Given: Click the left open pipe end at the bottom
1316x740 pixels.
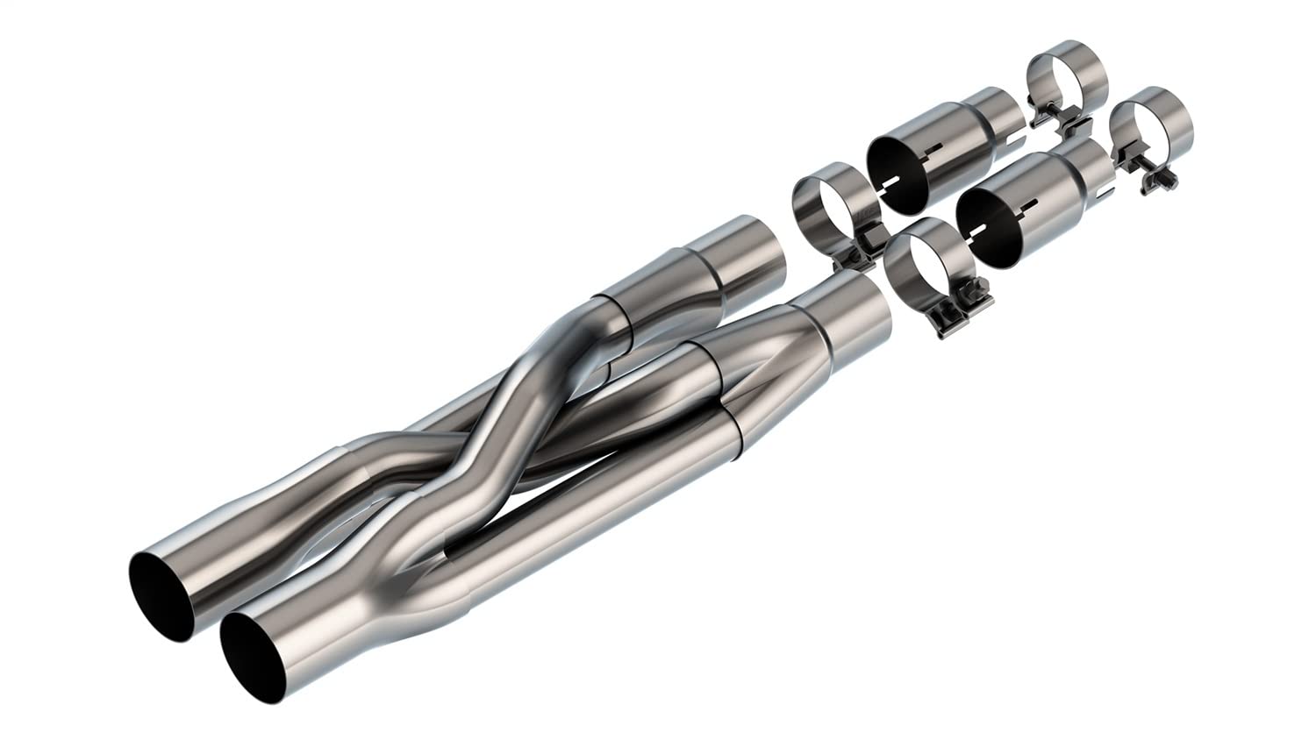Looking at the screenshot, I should (161, 597).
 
